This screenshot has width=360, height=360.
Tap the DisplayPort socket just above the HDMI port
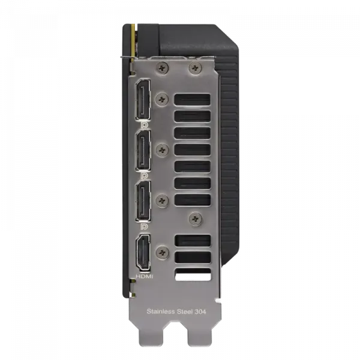click(144, 201)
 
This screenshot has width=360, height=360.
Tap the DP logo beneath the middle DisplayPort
click(144, 176)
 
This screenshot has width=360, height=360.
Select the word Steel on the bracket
click(188, 311)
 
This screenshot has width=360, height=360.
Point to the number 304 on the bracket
click(208, 311)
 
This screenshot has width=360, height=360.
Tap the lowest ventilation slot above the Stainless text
click(192, 275)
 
